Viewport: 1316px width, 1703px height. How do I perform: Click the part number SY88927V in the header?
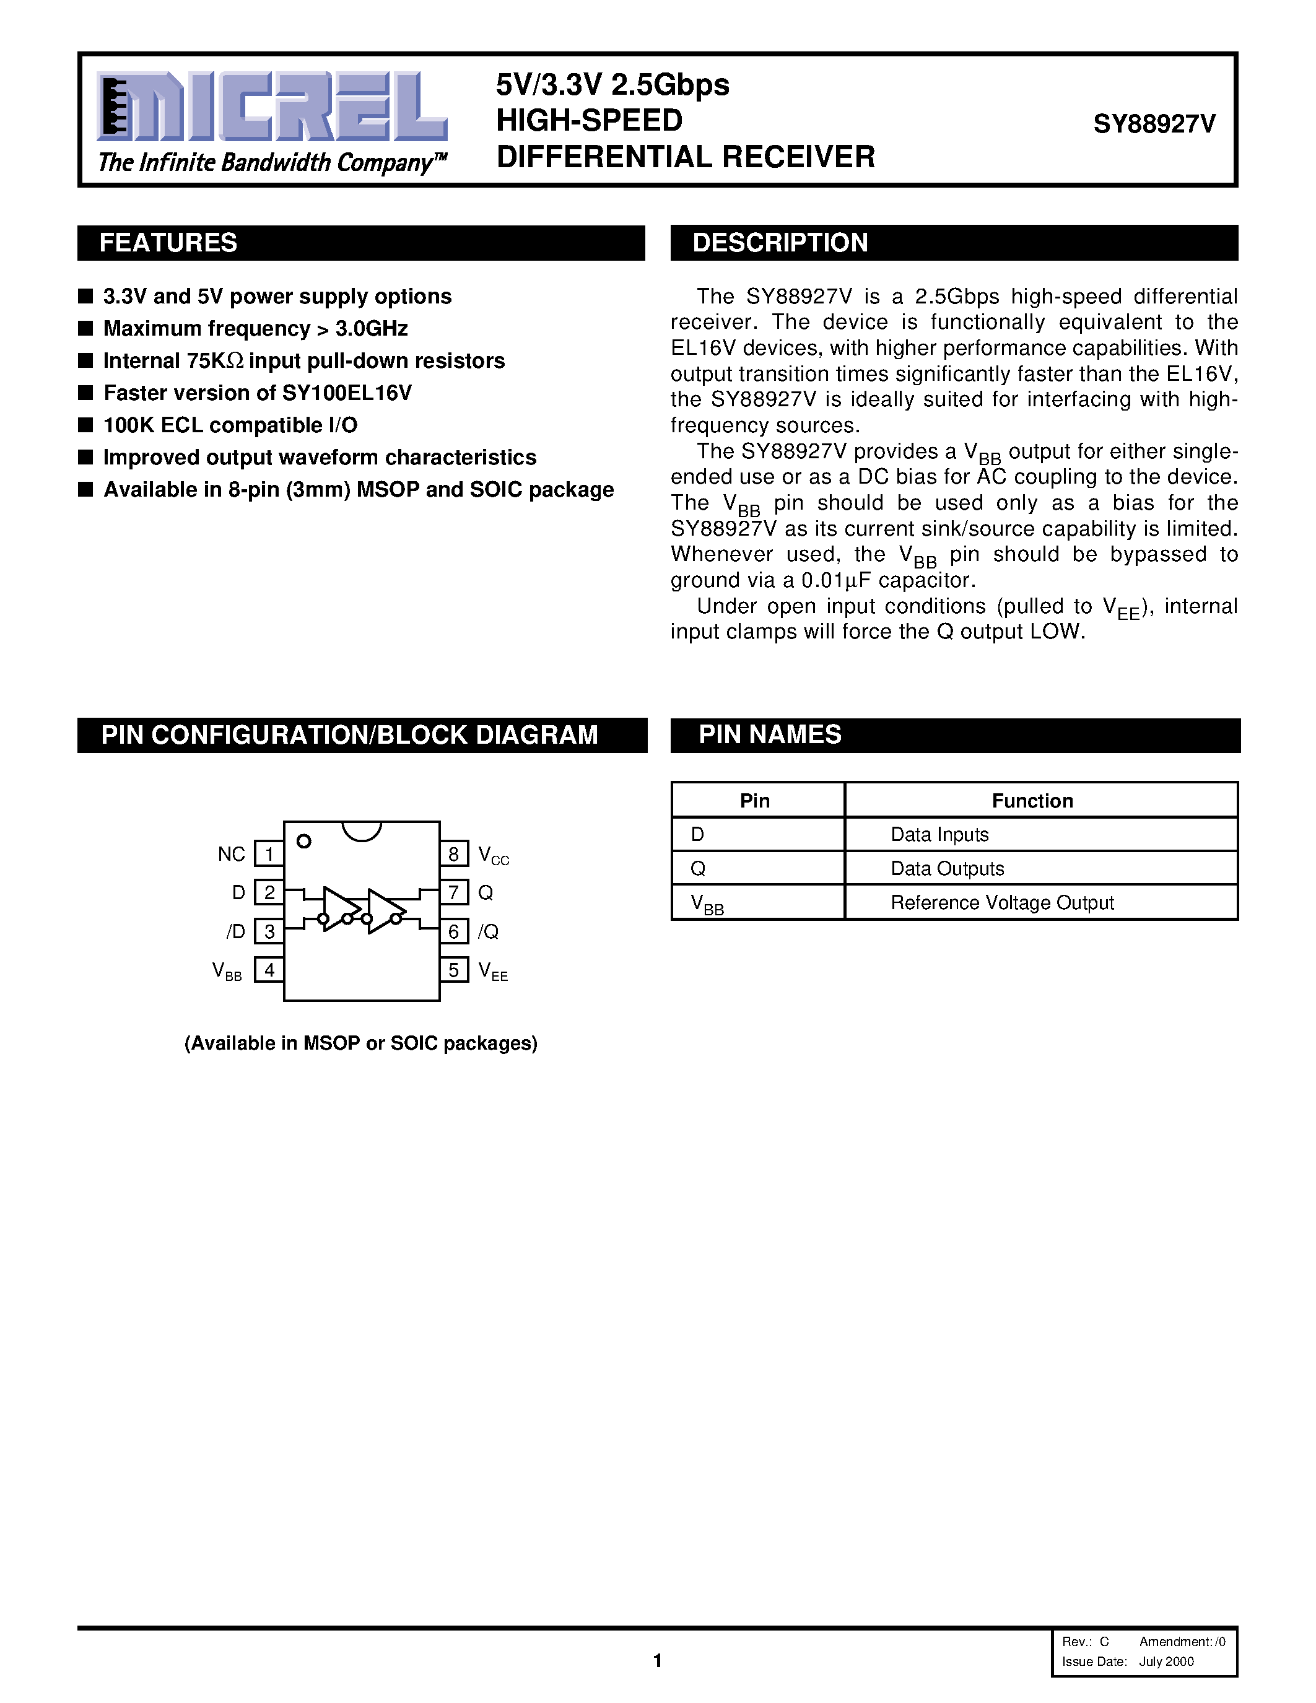1154,124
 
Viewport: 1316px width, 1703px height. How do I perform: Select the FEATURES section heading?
168,243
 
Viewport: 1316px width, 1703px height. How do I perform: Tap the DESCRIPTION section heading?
780,243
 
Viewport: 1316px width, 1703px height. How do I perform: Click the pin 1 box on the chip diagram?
269,854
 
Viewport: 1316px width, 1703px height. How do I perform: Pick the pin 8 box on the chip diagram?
454,854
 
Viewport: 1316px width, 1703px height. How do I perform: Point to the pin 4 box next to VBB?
269,970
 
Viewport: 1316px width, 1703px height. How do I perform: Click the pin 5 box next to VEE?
454,970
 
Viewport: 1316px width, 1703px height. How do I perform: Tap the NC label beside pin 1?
231,855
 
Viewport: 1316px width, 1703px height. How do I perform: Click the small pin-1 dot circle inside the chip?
304,842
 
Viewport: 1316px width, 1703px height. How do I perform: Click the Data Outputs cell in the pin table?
948,869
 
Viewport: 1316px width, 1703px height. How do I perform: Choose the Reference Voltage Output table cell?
1002,903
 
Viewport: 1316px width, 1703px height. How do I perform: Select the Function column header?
1032,801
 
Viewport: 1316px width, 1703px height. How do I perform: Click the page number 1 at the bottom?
657,1660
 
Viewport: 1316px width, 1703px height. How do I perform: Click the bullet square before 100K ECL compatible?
85,425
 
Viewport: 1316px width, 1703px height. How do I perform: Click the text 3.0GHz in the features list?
372,329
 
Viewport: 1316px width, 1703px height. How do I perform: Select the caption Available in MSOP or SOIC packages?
361,1043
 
